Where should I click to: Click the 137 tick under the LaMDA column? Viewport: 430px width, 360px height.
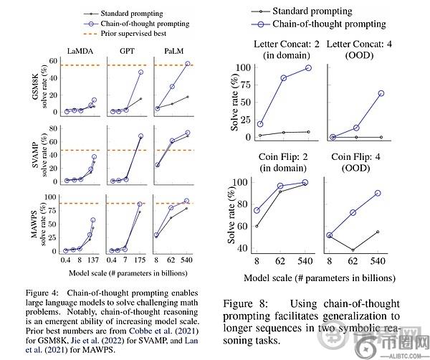click(93, 262)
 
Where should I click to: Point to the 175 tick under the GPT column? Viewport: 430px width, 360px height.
click(140, 262)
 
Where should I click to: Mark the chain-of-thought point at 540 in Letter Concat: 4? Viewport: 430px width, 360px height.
click(401, 93)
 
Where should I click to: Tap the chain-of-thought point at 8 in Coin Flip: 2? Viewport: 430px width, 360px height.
click(257, 210)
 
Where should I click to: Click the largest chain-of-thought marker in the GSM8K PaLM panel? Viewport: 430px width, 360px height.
click(188, 64)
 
